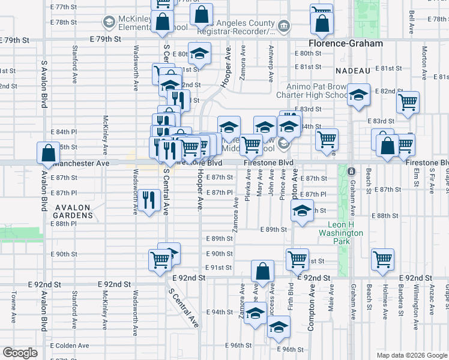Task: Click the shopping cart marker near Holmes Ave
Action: (382, 259)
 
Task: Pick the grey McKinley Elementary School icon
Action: (109, 23)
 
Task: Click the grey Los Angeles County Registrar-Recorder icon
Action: (284, 26)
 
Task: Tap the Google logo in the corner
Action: (20, 352)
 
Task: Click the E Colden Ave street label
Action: (70, 346)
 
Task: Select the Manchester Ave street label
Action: (81, 163)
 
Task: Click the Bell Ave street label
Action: (411, 22)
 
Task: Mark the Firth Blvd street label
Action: (291, 296)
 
